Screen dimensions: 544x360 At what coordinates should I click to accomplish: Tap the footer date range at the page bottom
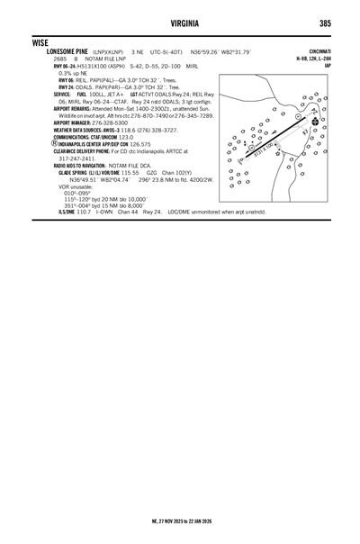(x=180, y=520)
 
